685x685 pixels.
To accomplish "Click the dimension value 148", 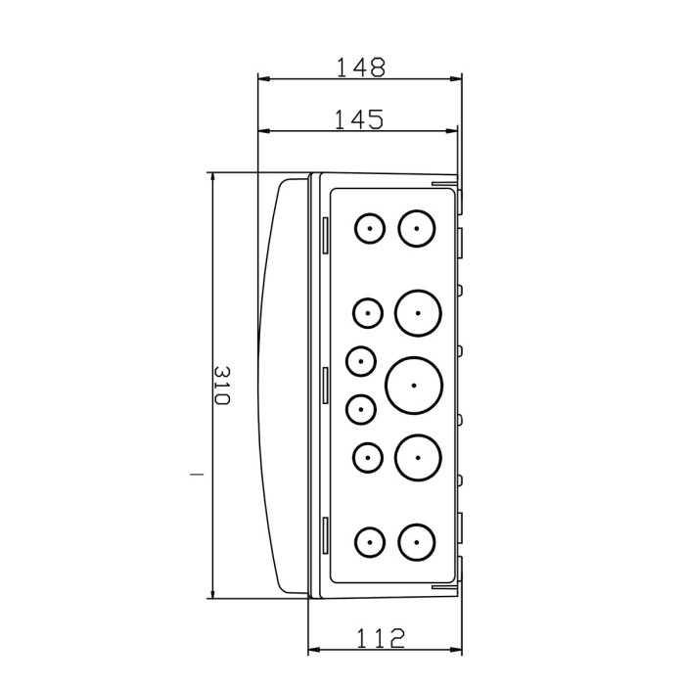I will tap(361, 67).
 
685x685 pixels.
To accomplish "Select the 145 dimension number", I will tap(358, 119).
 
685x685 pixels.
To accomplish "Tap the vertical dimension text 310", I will tap(221, 388).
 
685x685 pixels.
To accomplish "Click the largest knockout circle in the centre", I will tap(414, 384).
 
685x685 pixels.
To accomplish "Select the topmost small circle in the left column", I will tap(370, 229).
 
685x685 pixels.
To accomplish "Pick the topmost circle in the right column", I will tap(417, 229).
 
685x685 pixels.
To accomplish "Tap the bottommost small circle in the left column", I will tap(370, 540).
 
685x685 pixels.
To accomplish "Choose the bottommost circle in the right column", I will tap(417, 540).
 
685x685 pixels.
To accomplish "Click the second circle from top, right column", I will tap(419, 313).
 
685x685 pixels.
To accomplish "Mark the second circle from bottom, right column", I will tap(419, 456).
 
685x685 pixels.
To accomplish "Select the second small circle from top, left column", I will tap(368, 313).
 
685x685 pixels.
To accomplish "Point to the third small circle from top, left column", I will tap(361, 361).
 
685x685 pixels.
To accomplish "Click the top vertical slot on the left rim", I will tap(324, 231).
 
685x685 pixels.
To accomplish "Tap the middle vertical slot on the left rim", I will tap(324, 385).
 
